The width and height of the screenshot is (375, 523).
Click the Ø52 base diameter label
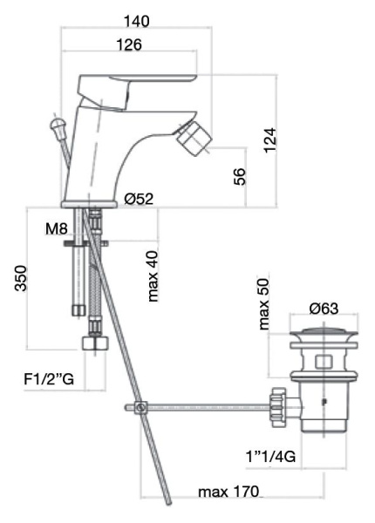[139, 200]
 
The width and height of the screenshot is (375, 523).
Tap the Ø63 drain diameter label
[323, 307]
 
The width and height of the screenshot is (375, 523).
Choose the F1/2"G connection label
[47, 379]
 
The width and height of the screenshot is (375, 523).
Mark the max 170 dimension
[228, 493]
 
